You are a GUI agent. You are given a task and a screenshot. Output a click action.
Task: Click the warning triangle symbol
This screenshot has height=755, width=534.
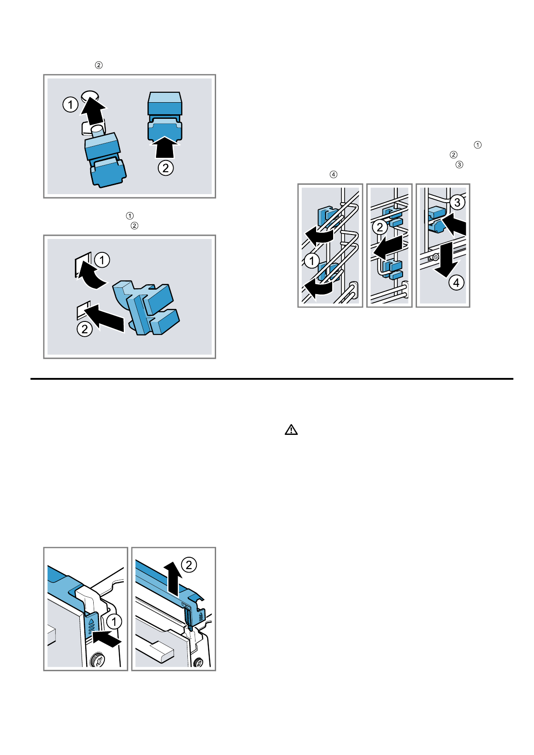pos(291,430)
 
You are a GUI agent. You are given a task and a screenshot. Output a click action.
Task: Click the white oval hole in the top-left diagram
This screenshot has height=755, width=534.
pos(90,96)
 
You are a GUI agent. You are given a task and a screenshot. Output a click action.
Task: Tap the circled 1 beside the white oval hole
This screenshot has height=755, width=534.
pos(70,104)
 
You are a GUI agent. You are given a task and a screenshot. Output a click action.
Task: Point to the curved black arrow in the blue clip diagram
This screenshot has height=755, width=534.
pos(91,275)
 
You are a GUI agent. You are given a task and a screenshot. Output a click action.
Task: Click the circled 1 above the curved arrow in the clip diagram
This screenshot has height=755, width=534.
pos(102,260)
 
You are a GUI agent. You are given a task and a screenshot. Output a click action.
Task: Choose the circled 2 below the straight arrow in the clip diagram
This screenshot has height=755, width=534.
pos(85,329)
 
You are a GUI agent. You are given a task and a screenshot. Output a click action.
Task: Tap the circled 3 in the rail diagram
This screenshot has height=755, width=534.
pos(457,202)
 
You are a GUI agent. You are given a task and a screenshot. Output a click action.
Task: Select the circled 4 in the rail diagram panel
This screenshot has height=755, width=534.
pos(456,282)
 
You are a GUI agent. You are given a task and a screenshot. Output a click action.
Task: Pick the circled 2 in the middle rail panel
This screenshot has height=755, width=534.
pos(380,227)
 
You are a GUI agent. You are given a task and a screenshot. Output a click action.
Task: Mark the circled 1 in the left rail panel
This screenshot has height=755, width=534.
pos(312,260)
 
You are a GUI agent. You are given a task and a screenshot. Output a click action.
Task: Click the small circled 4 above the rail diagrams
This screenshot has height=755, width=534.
pos(334,174)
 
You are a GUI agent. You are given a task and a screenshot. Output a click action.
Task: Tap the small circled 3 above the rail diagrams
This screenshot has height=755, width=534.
pos(459,165)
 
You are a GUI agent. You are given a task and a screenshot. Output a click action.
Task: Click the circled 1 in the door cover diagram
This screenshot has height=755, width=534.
pos(114,621)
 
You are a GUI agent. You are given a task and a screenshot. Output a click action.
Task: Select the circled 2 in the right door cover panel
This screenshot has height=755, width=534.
pos(189,564)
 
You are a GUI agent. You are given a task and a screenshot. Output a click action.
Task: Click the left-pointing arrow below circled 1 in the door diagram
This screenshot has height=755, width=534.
pos(106,639)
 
